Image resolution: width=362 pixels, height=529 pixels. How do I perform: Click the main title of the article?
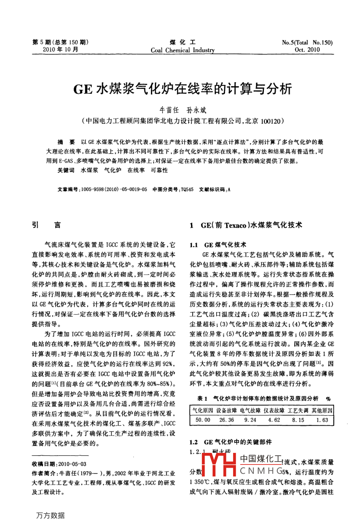(183, 89)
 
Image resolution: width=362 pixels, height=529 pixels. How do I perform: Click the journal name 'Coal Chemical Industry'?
(183, 50)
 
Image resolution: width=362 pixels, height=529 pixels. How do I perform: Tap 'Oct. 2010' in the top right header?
(307, 50)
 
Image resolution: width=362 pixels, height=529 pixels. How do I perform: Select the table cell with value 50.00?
(203, 420)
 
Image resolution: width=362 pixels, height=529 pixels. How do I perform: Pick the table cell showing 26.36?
(227, 420)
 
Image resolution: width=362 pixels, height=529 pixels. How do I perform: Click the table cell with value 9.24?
(250, 420)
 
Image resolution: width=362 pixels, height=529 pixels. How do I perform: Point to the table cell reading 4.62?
(274, 420)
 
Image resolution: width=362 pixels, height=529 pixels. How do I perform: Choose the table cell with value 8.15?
(298, 420)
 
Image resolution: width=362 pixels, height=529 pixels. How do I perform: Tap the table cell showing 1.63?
(322, 420)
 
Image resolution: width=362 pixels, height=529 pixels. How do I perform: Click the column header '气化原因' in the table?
(203, 410)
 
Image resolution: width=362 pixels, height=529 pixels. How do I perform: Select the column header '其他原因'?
(322, 410)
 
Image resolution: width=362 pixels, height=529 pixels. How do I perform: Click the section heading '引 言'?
(46, 225)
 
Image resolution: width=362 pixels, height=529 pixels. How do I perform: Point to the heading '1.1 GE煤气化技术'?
(218, 244)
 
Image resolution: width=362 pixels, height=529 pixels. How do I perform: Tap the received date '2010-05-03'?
(72, 464)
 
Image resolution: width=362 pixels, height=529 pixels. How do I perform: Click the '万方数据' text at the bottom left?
(50, 515)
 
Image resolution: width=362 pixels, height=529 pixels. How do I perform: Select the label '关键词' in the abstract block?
(66, 170)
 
